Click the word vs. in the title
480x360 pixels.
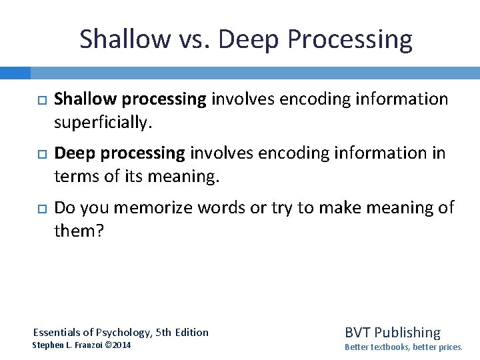tap(194, 39)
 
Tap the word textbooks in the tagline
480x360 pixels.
tap(391, 347)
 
